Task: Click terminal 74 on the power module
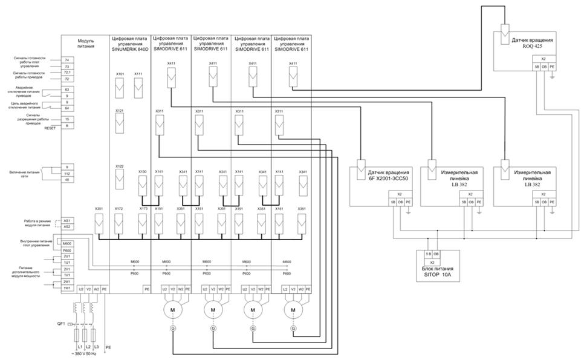(68, 61)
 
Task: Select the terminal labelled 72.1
(68, 73)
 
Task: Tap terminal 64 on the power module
(68, 108)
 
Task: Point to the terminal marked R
(68, 125)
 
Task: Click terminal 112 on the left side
(68, 173)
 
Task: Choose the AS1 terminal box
(68, 221)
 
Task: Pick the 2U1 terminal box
(68, 257)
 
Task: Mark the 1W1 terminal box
(68, 287)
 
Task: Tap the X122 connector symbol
(120, 180)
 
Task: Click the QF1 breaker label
(61, 324)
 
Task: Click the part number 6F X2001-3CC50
(391, 179)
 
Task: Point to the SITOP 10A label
(439, 276)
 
